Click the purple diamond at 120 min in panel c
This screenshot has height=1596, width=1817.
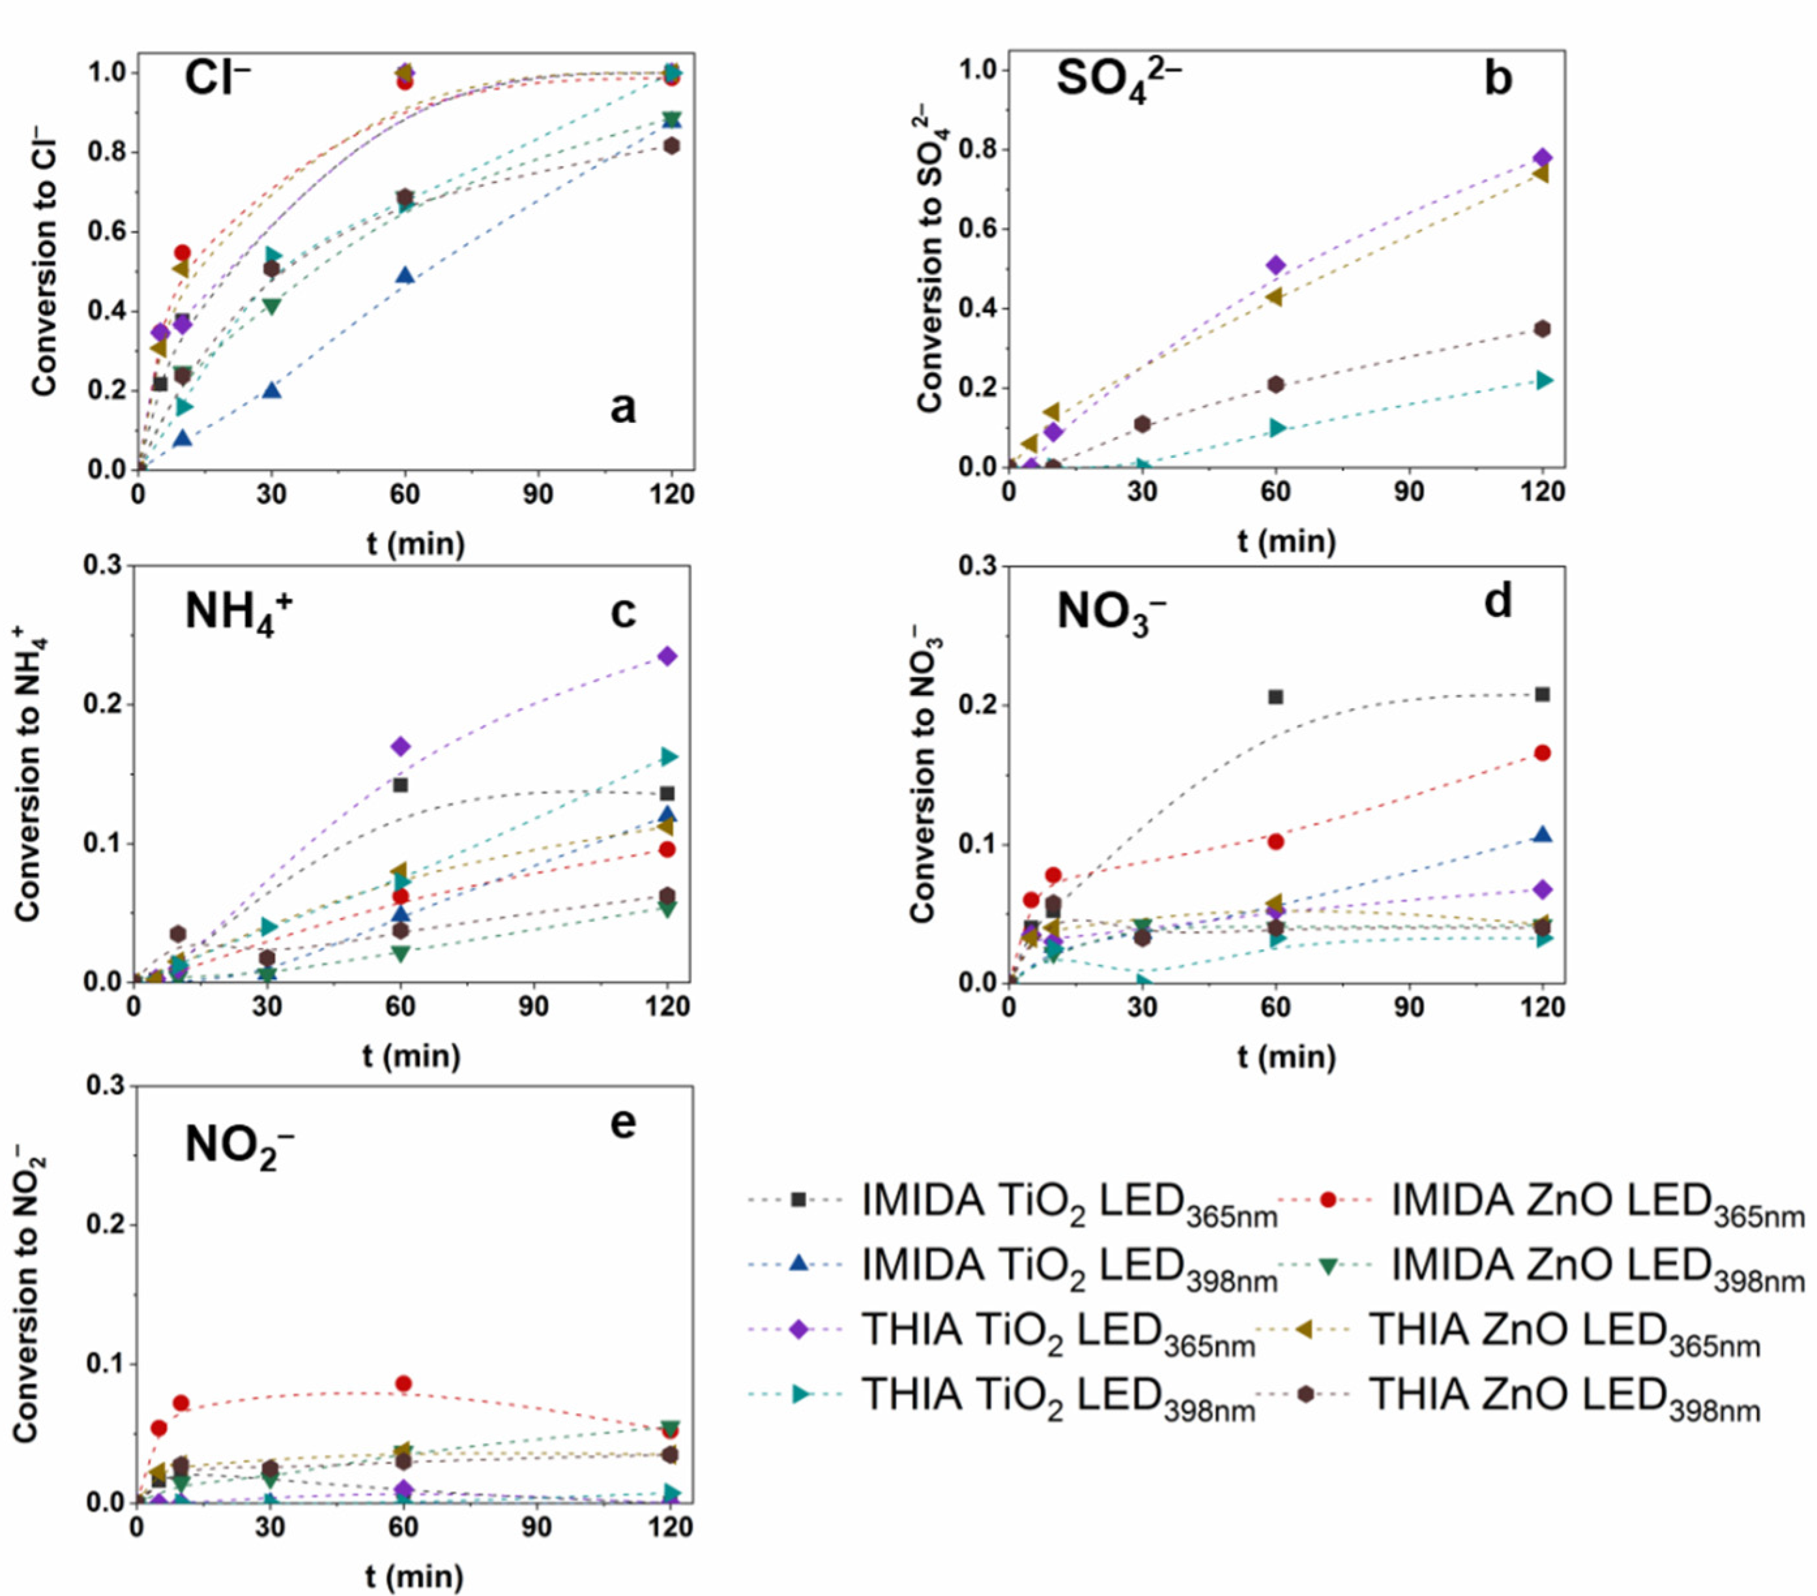point(667,656)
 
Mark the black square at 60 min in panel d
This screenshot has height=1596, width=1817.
point(1275,696)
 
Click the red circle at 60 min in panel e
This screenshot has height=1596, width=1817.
point(403,1384)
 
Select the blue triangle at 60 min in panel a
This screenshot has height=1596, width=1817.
point(405,276)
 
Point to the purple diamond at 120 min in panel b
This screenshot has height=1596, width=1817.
point(1543,158)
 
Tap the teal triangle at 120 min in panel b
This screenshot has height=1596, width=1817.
point(1544,380)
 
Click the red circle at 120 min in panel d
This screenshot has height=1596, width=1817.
point(1543,752)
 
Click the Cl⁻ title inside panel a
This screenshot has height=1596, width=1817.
point(217,78)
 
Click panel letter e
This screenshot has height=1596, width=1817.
point(623,1122)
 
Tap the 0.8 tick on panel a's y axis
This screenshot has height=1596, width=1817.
point(105,152)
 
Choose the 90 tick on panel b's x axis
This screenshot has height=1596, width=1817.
point(1408,491)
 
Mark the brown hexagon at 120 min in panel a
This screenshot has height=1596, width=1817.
point(671,146)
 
